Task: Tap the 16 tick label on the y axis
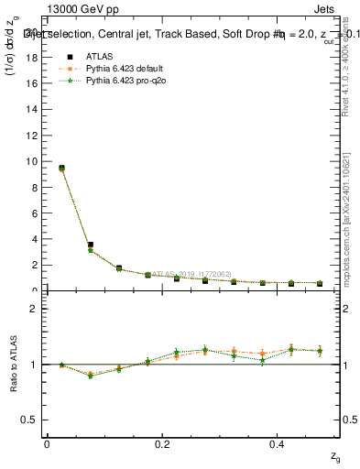(x=32, y=83)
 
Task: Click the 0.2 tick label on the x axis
(x=163, y=443)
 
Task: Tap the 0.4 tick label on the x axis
(x=278, y=443)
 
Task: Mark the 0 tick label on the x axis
(x=47, y=443)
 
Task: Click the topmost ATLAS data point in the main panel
(x=61, y=168)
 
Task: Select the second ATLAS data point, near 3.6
(x=90, y=245)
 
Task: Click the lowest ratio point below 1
(x=90, y=376)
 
